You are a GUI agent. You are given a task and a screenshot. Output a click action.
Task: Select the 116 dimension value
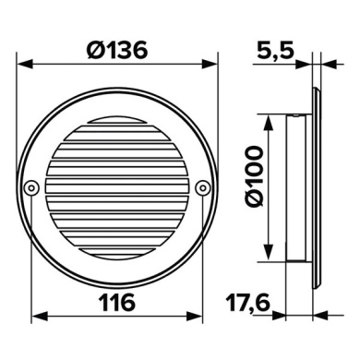coord(116,301)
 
